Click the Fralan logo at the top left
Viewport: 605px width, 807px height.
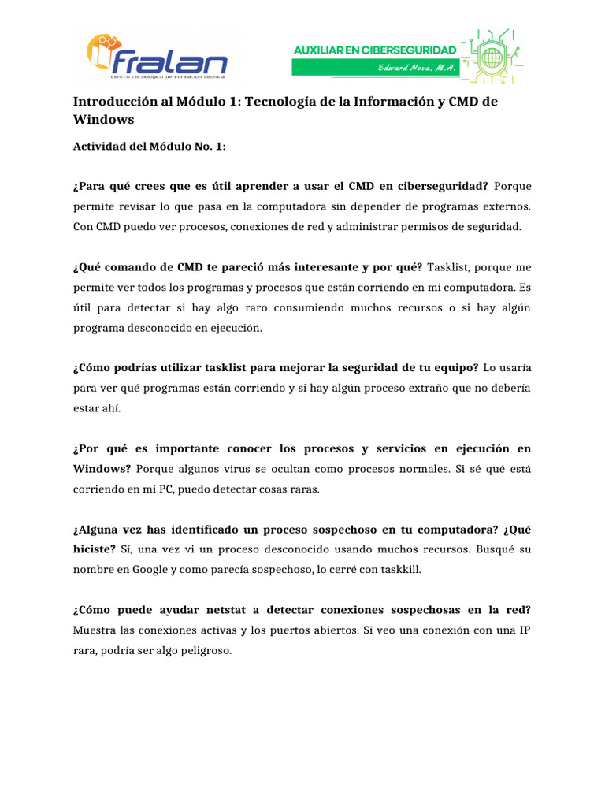[157, 57]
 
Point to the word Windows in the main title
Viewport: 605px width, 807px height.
[103, 120]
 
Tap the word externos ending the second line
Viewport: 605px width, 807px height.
[506, 206]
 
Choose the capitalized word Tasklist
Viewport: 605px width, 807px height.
[447, 266]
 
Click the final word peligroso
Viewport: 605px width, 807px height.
[203, 651]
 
